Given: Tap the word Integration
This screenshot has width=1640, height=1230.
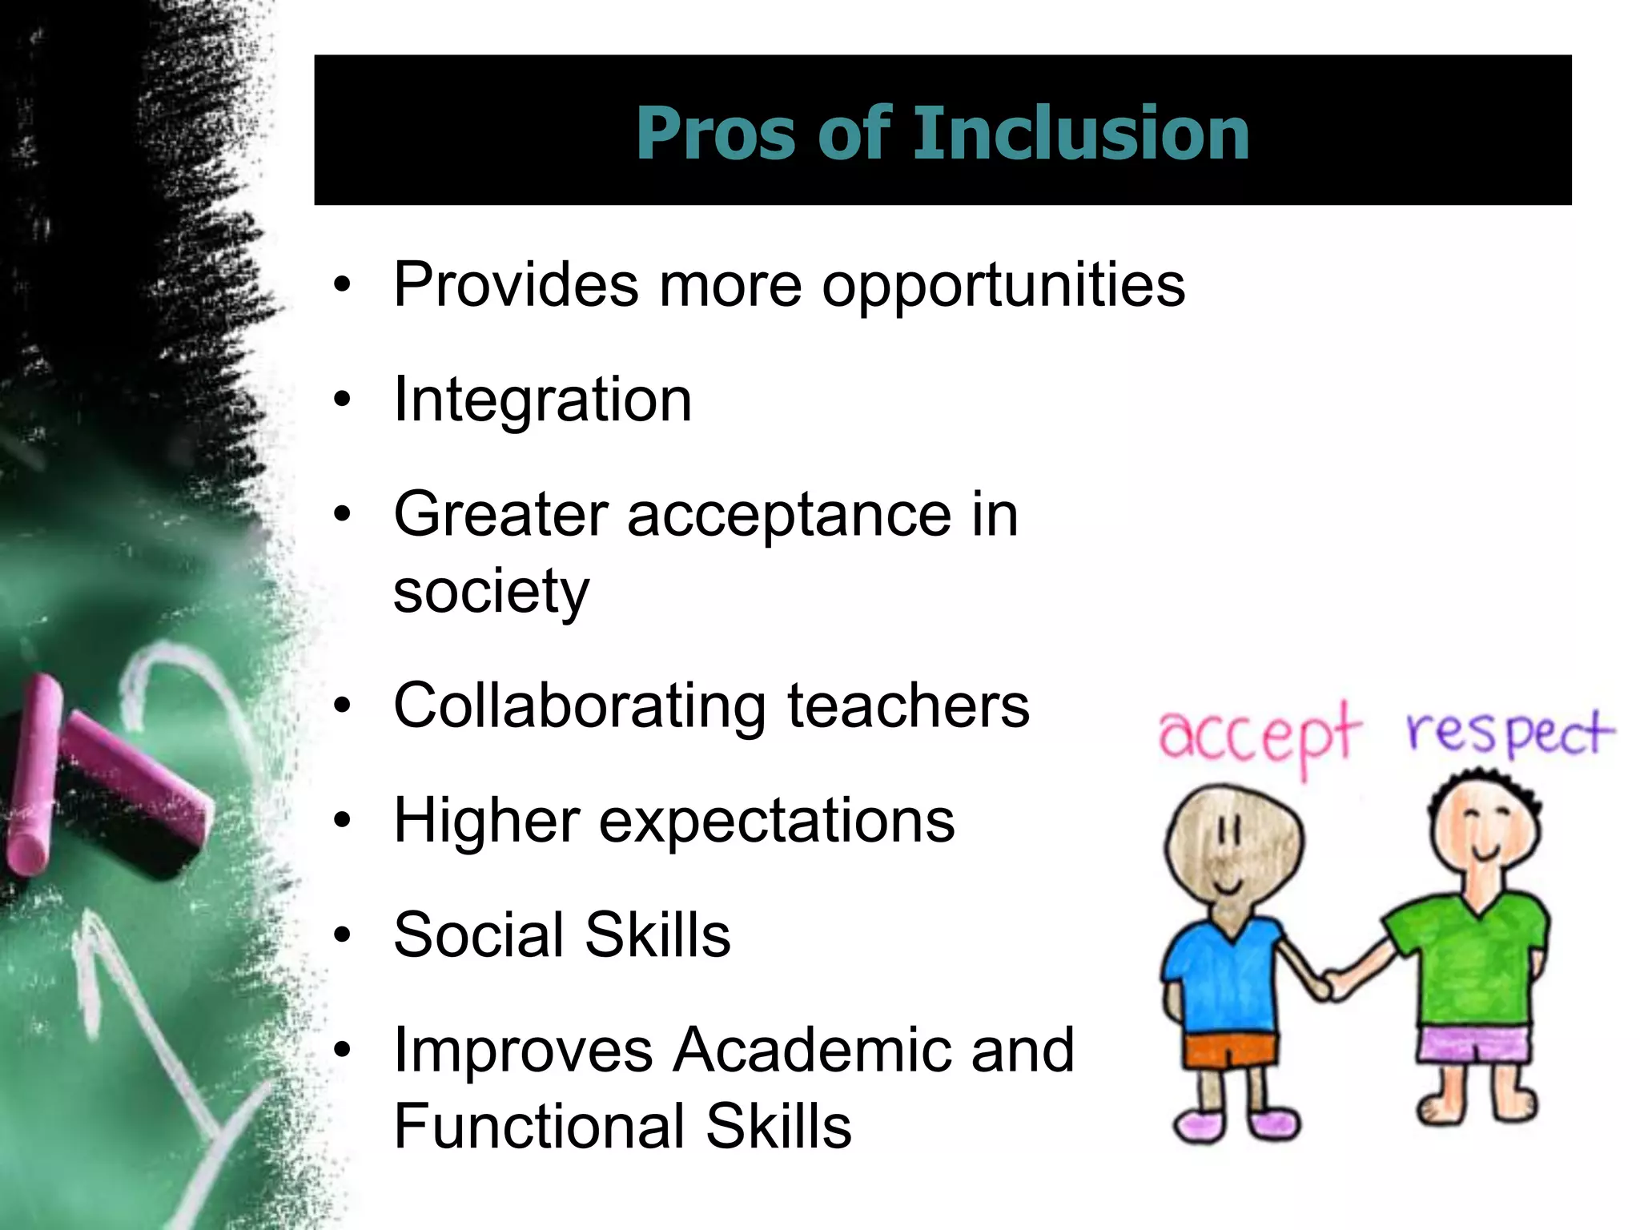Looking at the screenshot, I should point(542,400).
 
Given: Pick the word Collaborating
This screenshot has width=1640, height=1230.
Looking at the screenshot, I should point(580,707).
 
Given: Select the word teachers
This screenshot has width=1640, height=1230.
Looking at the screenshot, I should point(908,706).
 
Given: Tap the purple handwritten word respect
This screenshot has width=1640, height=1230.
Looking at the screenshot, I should point(1509,733).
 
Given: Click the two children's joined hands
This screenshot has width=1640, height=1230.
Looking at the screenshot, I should point(1333,983).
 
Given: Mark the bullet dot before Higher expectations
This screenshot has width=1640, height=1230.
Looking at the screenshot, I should point(343,822).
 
